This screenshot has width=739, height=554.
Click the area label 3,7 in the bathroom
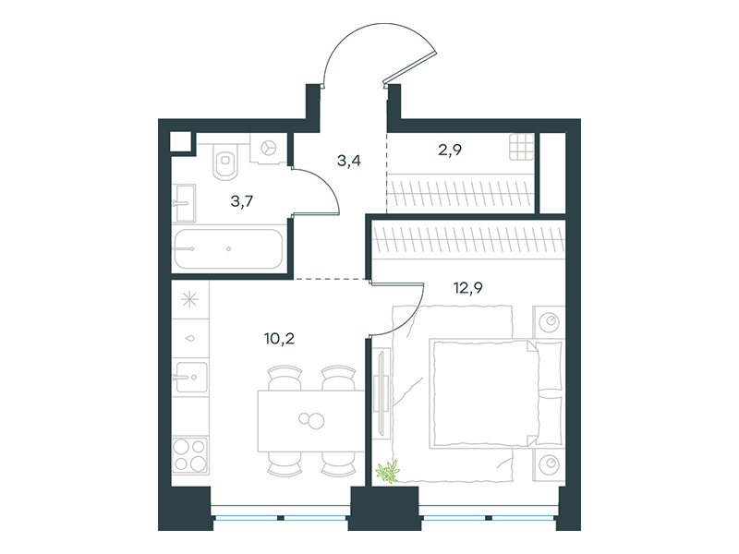click(242, 201)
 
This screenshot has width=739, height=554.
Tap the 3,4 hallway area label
click(349, 161)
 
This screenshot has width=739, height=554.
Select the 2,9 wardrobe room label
click(450, 150)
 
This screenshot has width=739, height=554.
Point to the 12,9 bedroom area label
click(468, 287)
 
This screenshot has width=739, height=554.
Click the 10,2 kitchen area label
click(280, 338)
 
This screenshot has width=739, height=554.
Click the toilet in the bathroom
click(225, 161)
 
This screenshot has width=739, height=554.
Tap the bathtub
click(228, 248)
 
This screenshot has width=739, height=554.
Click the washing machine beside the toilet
click(269, 148)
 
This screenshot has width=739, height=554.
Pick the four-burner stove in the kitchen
click(190, 454)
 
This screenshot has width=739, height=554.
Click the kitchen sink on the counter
click(190, 377)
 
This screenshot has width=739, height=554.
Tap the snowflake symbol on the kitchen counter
click(190, 299)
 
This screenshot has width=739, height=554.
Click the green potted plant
click(387, 472)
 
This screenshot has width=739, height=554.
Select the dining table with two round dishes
click(311, 421)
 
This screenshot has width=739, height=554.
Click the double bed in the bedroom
click(496, 393)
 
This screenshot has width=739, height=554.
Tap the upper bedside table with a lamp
click(549, 321)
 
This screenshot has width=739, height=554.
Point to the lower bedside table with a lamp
click(549, 464)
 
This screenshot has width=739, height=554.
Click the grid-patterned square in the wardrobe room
click(521, 147)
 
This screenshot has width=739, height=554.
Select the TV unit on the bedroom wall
click(382, 391)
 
